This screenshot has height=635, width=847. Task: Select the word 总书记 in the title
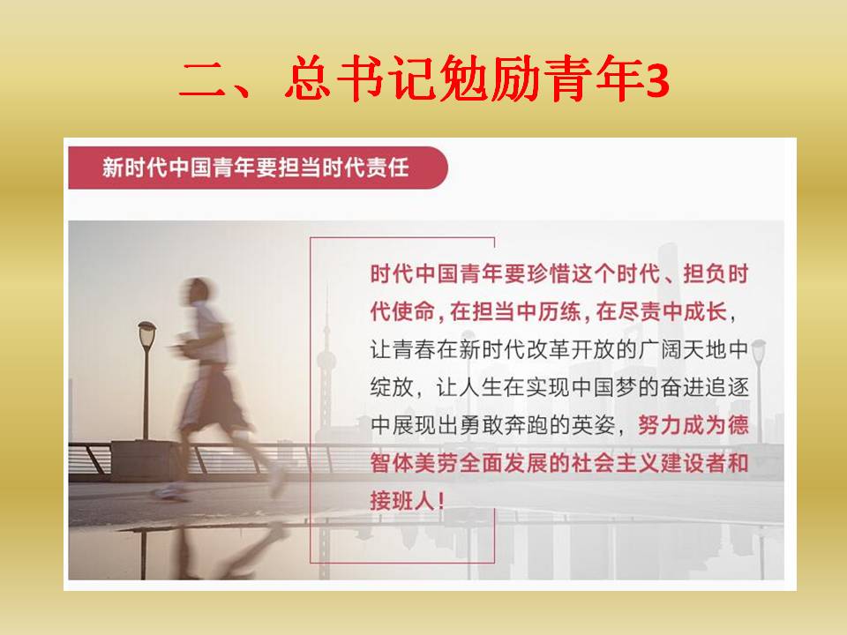pos(360,78)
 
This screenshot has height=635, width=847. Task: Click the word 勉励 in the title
pos(490,78)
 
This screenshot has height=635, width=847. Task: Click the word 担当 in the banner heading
pos(300,168)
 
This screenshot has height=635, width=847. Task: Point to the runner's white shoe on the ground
pos(169,492)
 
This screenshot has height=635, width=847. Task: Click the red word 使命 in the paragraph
pos(414,311)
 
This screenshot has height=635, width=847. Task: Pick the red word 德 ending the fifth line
pos(738,425)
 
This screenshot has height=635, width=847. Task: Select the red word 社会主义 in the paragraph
pos(616,463)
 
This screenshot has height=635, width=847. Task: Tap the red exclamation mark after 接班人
pos(441,501)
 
